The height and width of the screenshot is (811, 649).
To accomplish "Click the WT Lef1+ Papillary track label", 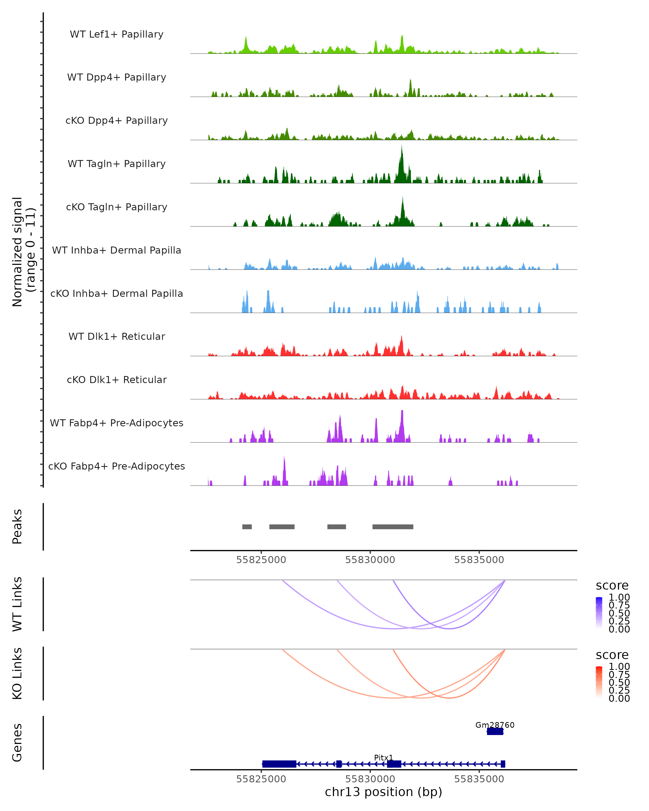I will click(x=117, y=34).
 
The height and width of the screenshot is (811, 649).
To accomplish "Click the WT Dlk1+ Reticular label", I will click(x=117, y=336).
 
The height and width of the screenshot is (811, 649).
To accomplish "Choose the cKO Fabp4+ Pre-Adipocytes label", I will click(x=117, y=466).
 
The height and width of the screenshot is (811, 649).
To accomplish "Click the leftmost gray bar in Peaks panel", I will click(x=247, y=527).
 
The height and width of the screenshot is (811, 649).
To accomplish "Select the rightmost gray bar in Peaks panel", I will click(x=393, y=527).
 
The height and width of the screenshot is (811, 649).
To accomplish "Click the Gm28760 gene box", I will click(x=495, y=732).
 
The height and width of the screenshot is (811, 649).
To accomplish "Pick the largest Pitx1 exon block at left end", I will click(x=279, y=764).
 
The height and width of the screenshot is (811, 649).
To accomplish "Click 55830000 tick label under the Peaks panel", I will click(x=370, y=560).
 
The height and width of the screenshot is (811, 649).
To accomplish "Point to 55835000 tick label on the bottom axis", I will click(x=479, y=779).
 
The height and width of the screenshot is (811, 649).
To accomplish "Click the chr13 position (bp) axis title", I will click(x=383, y=792).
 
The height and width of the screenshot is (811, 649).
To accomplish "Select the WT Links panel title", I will click(x=17, y=604).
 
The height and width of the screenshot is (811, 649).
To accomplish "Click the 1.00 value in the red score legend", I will click(x=619, y=667).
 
